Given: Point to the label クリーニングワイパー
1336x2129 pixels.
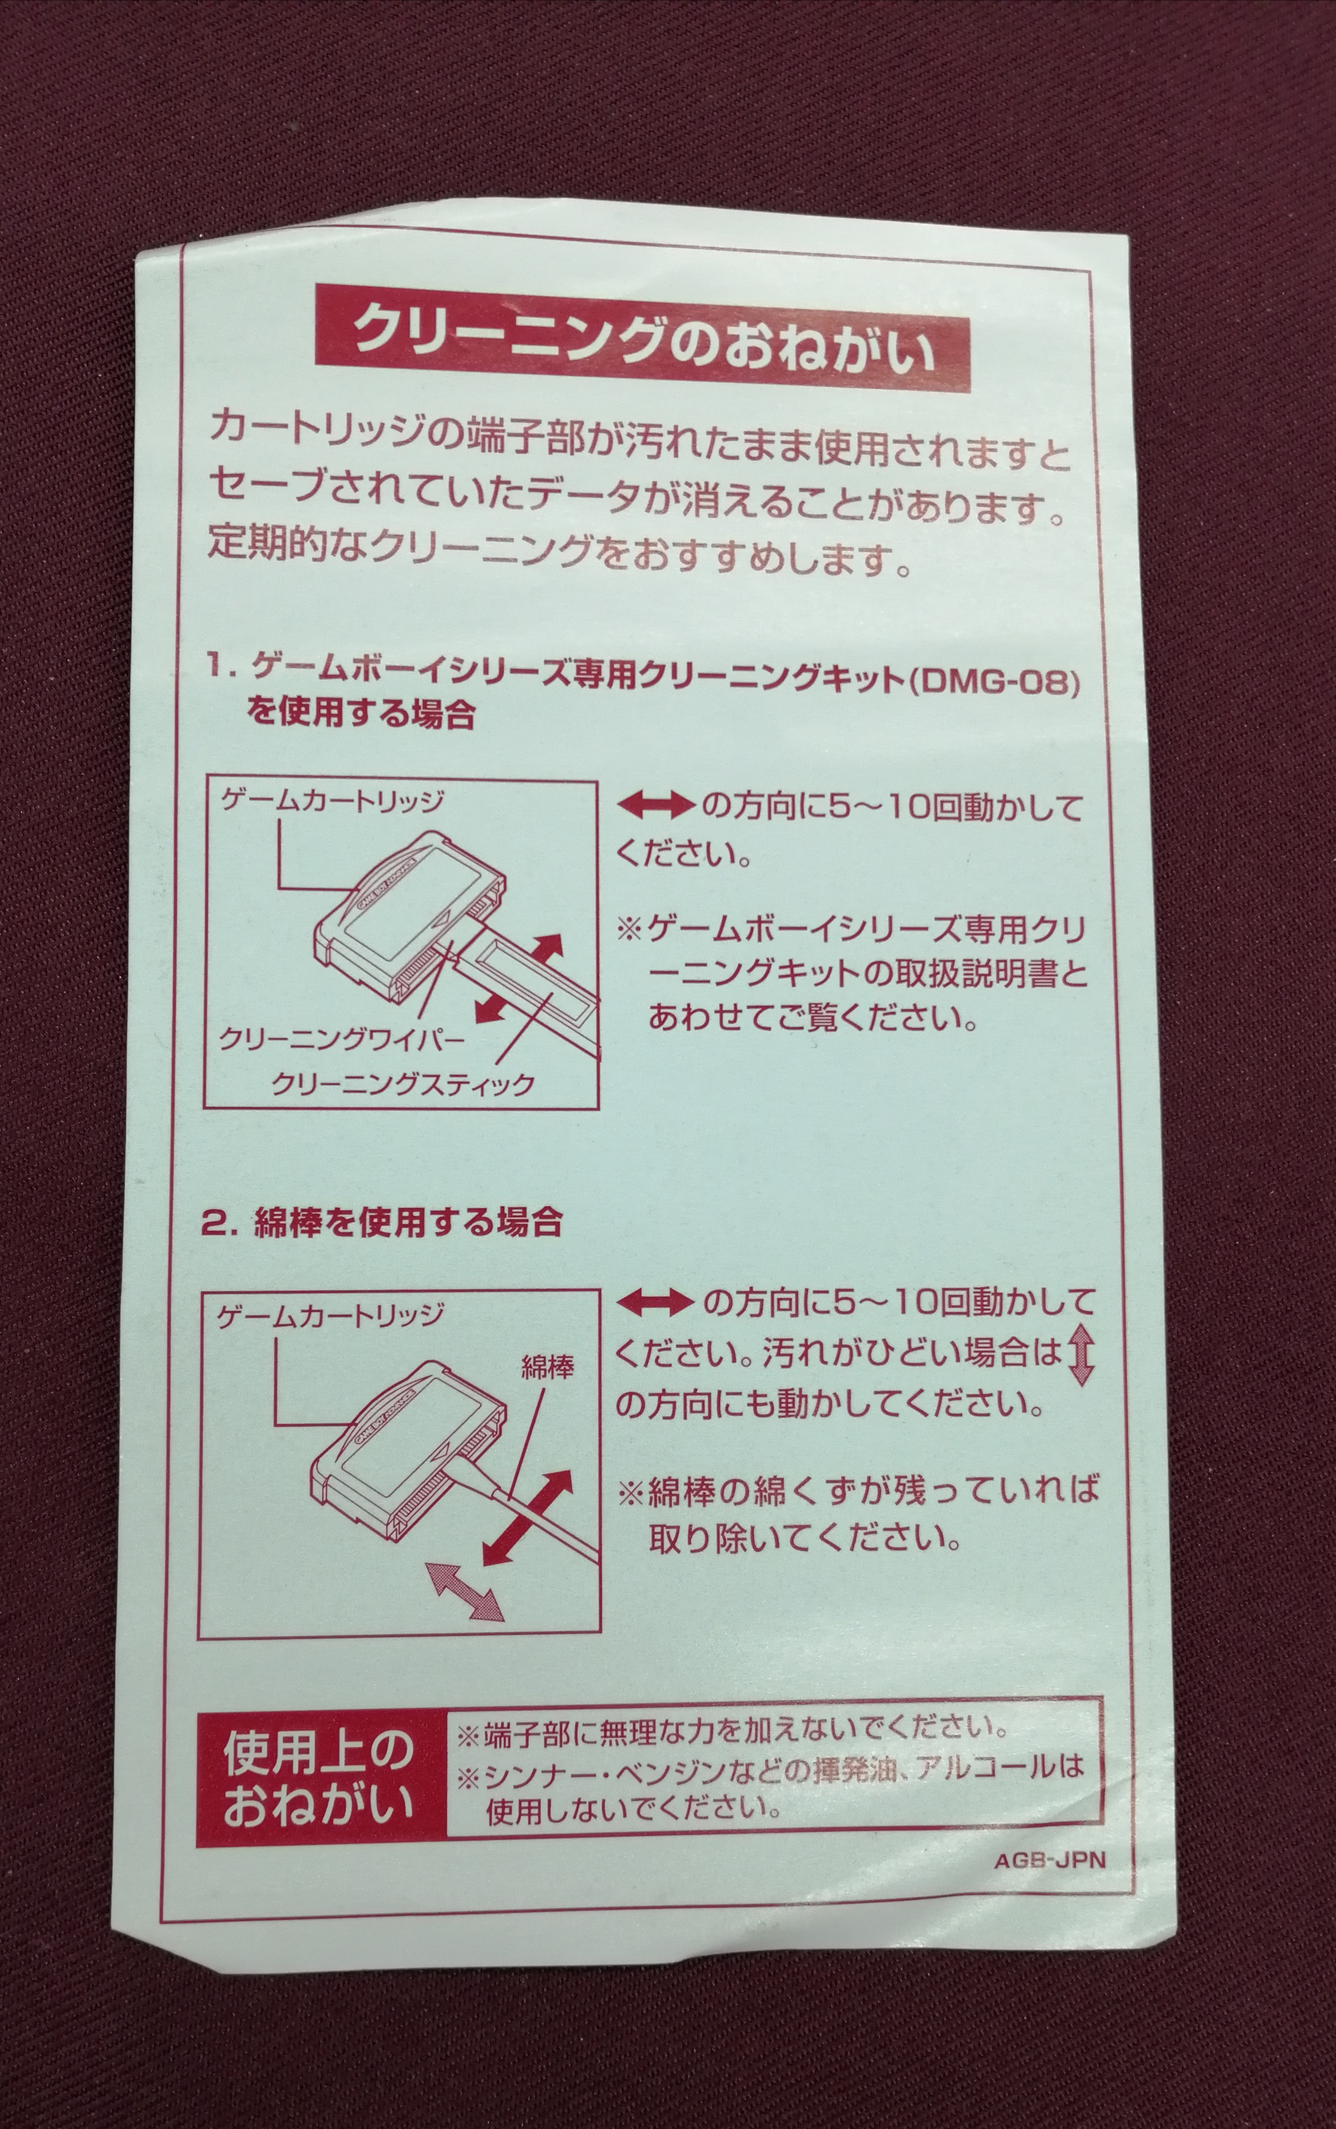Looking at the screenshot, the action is [x=341, y=1039].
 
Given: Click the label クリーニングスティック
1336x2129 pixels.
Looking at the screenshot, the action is [x=403, y=1083].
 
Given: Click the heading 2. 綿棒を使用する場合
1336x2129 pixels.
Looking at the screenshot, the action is [x=382, y=1222].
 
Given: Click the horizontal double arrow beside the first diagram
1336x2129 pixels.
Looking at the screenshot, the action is [x=655, y=806].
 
